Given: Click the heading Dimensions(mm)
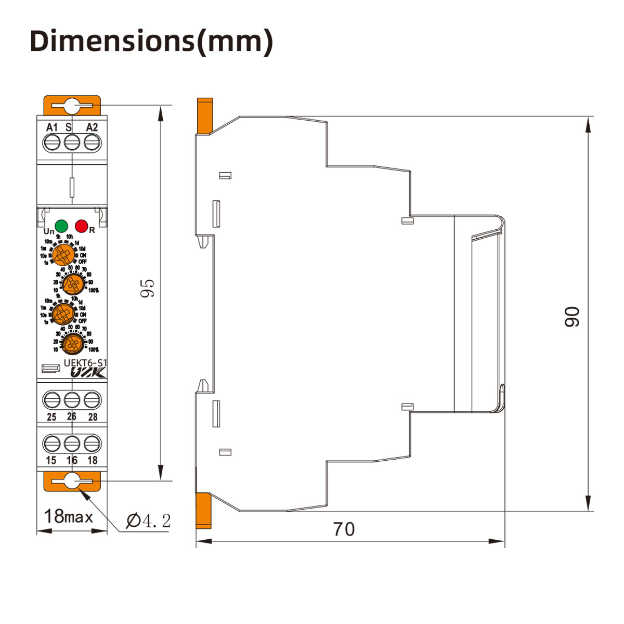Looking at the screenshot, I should click(x=151, y=41).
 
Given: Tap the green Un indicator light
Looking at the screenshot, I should click(x=61, y=226).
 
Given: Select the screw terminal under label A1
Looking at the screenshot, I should click(x=51, y=142).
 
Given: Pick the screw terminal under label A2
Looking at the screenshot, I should click(x=92, y=142).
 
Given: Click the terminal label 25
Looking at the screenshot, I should click(x=51, y=417).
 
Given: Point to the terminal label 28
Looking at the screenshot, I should click(x=93, y=417).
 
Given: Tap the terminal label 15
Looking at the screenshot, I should click(x=51, y=460).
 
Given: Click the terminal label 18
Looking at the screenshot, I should click(x=93, y=460).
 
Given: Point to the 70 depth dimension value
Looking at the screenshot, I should click(x=344, y=529).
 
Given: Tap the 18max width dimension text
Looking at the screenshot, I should click(x=69, y=516).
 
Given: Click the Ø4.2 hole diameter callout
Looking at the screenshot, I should click(x=148, y=520).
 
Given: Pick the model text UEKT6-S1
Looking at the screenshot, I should click(x=86, y=363).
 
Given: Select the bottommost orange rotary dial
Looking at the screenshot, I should click(x=71, y=343).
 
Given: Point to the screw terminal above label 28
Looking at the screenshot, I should click(x=92, y=400).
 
